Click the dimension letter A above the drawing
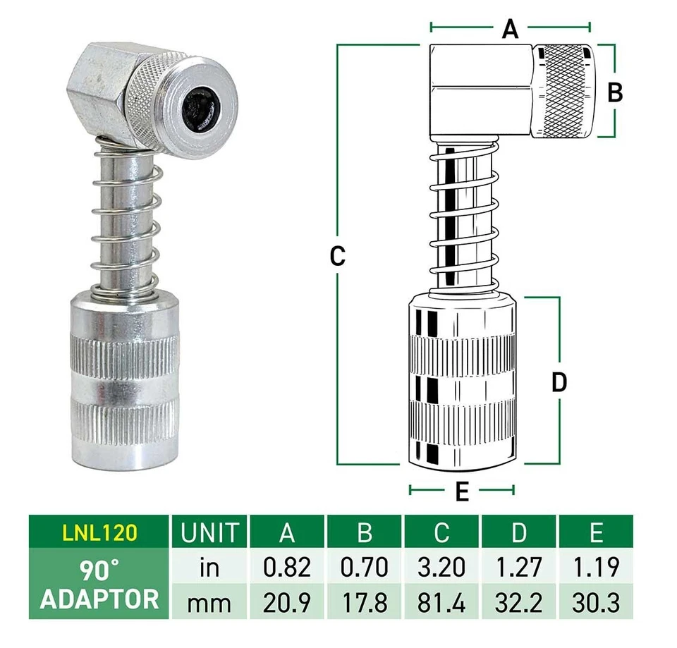point(510,29)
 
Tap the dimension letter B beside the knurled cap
point(615,92)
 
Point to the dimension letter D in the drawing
point(559,382)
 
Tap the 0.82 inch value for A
point(287,567)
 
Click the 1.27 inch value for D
point(519,567)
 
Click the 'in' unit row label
point(209,567)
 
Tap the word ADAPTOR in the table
point(99,599)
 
